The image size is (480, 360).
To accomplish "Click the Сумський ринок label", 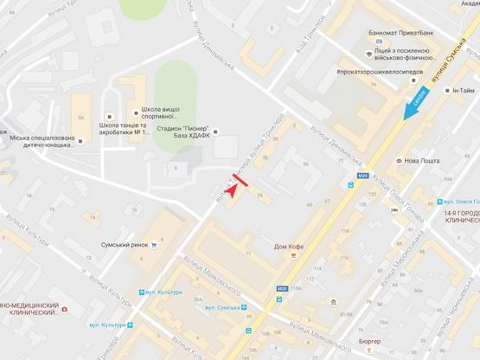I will [x=122, y=245].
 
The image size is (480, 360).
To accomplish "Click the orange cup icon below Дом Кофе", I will [x=294, y=256].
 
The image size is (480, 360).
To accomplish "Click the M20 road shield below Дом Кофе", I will [x=282, y=289].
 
